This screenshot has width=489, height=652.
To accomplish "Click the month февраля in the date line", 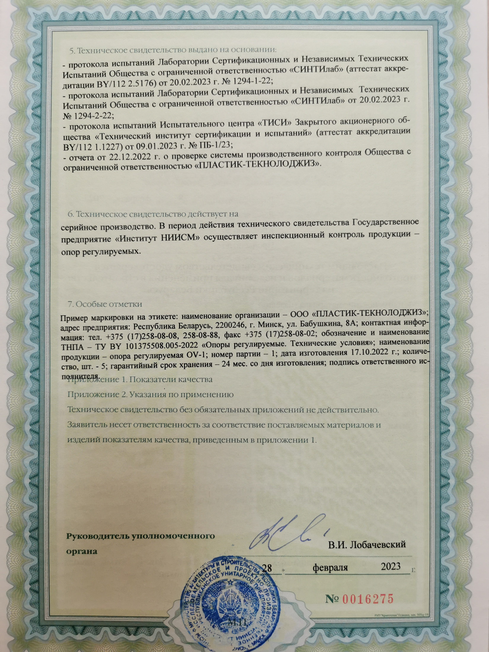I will tap(330, 567).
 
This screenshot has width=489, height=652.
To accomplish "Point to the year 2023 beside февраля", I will tap(391, 566).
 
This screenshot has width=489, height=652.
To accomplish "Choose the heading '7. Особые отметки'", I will tap(105, 304).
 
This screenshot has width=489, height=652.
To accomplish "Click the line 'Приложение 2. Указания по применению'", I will tap(151, 395).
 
